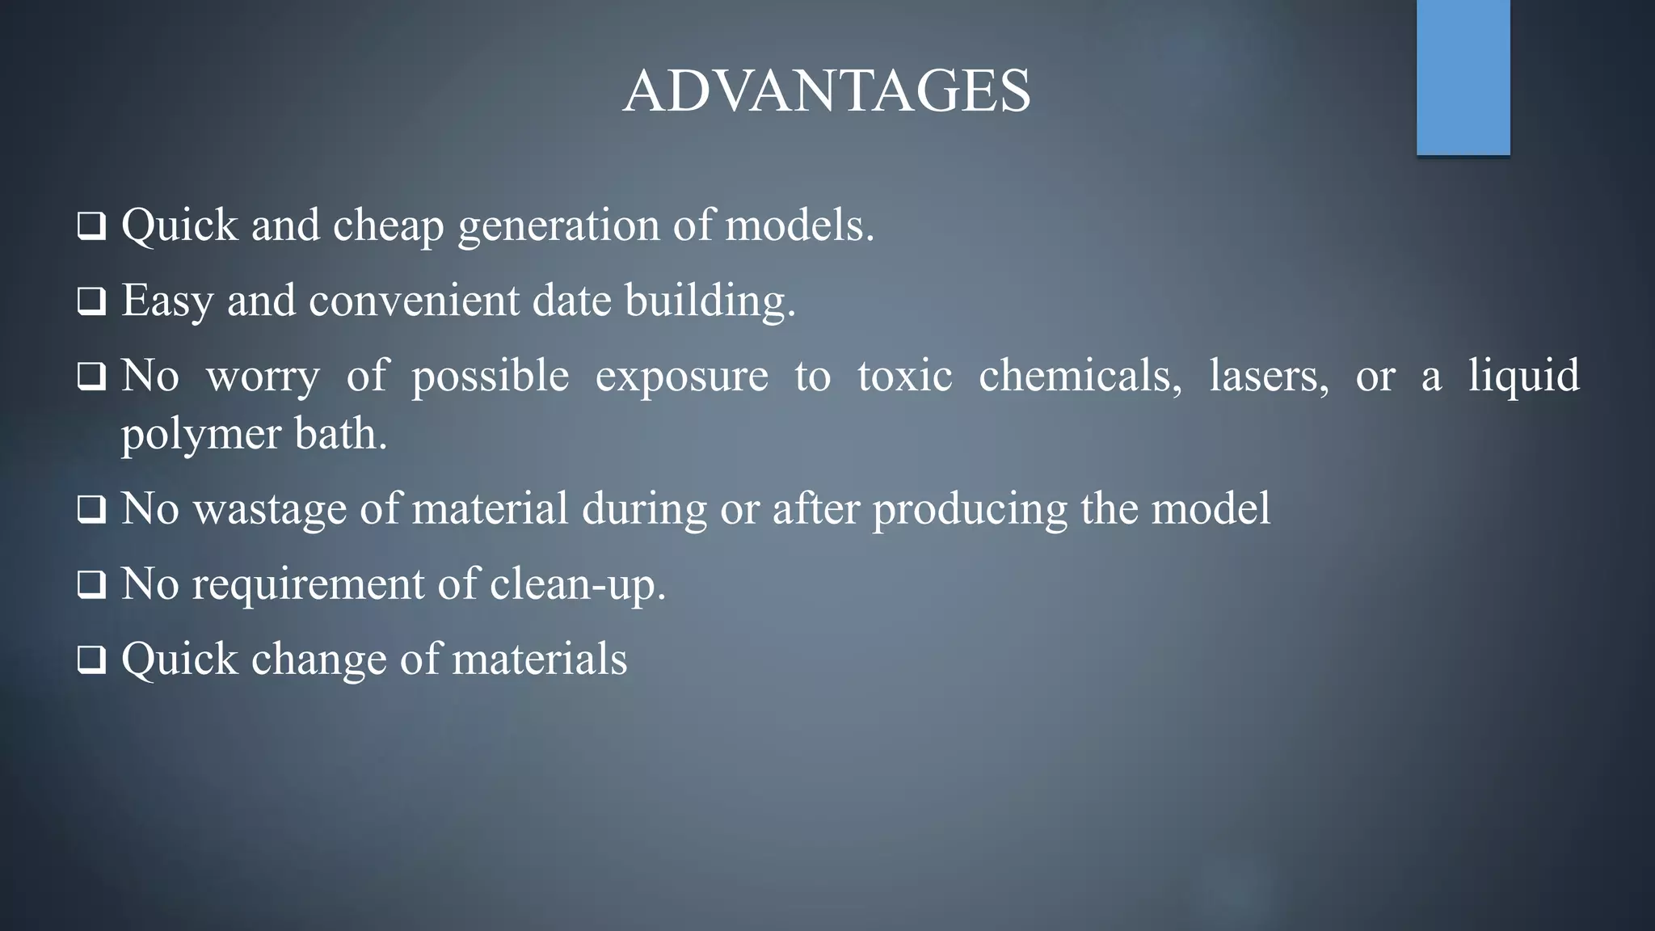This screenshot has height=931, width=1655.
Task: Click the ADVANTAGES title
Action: [827, 91]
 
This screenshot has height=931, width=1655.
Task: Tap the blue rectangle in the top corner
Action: [1463, 77]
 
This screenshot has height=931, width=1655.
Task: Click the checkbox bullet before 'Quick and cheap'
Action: [91, 227]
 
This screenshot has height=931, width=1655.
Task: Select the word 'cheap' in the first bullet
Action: [389, 225]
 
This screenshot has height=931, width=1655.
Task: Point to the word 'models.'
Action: [800, 225]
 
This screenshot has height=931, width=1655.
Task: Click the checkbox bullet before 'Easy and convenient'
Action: [91, 302]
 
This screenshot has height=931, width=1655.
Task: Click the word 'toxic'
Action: [904, 376]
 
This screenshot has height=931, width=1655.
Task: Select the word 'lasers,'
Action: [1269, 376]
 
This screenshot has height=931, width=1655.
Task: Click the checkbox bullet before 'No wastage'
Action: [91, 511]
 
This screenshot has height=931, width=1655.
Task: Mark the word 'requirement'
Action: [308, 585]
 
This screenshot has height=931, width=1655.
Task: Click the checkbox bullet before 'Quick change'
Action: [91, 660]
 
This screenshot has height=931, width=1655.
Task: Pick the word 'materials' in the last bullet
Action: [539, 659]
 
